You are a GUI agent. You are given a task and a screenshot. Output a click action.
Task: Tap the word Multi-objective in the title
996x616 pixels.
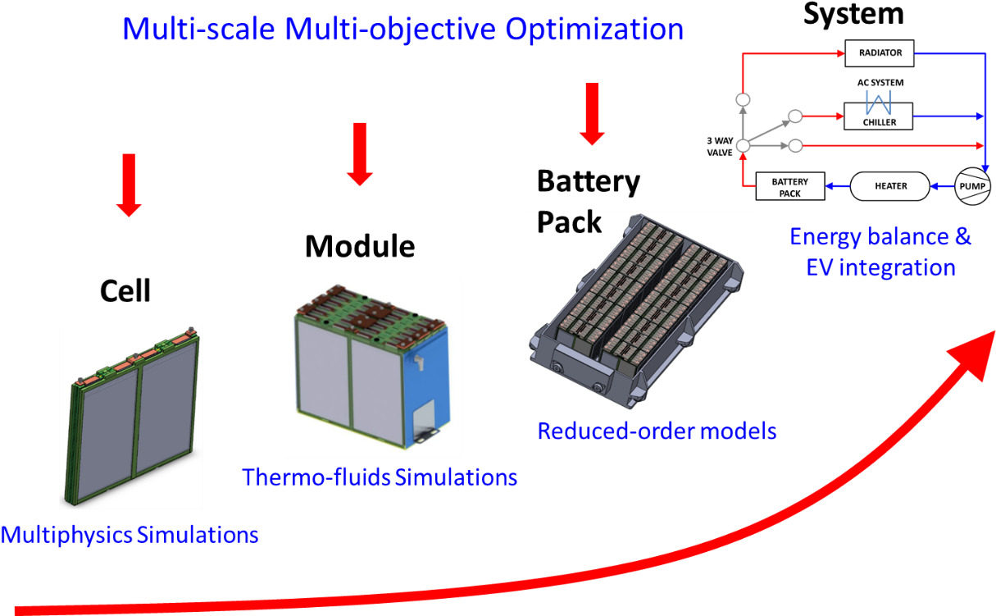[x=391, y=30]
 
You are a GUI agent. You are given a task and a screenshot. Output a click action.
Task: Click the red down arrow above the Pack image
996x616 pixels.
[x=590, y=113]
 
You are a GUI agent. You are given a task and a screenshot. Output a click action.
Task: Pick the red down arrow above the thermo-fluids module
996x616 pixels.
[x=359, y=153]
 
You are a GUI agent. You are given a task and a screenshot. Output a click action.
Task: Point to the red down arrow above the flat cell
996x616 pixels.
[x=129, y=185]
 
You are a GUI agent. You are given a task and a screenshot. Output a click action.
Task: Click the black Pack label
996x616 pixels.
[x=569, y=223]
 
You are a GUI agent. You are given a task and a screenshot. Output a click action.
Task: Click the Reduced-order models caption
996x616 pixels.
[x=657, y=431]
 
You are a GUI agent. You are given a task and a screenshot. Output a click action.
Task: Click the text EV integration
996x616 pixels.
[x=880, y=268]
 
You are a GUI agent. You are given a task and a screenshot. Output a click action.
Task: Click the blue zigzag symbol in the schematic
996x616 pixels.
[x=878, y=103]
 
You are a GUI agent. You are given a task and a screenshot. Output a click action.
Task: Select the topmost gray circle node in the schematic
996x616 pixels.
[x=744, y=100]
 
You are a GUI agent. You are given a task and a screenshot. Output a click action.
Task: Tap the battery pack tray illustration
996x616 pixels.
[x=639, y=312]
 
